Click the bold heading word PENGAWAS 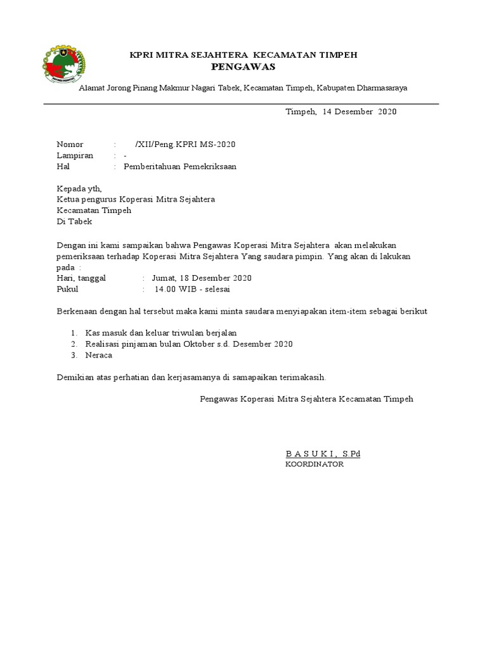pos(243,67)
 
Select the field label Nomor pos(70,144)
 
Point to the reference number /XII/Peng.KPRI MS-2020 pos(185,144)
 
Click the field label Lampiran pos(75,155)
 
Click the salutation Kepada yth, pos(79,188)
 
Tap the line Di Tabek pos(74,221)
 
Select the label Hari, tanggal pos(81,278)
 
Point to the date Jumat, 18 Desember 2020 pos(202,278)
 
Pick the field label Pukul pos(68,289)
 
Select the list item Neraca pos(98,355)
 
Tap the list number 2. pos(74,344)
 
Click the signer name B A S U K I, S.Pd pos(323,454)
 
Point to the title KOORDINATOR pos(315,465)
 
